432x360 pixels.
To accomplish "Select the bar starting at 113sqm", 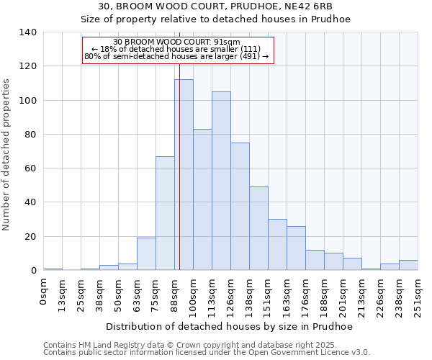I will point(221,181).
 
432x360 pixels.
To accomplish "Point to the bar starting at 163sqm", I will point(296,248).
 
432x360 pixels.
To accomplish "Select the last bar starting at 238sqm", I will point(408,265).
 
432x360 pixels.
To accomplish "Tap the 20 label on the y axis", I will point(31,237).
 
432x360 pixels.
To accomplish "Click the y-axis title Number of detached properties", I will point(7,156).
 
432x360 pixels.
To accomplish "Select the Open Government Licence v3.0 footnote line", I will point(207,353).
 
